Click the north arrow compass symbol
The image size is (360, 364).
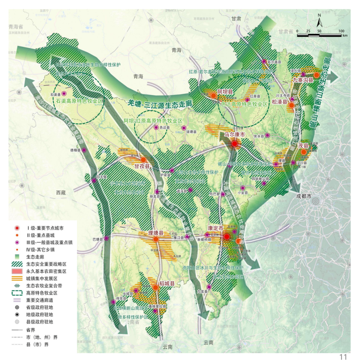[x=319, y=20]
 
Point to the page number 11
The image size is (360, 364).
[x=343, y=357]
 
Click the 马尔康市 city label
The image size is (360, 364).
[x=235, y=134]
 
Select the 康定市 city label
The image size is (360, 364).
[x=216, y=228]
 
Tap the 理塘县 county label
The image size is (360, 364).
[x=156, y=233]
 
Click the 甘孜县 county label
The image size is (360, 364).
[x=142, y=166]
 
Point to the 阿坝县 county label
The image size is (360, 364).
[x=224, y=92]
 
